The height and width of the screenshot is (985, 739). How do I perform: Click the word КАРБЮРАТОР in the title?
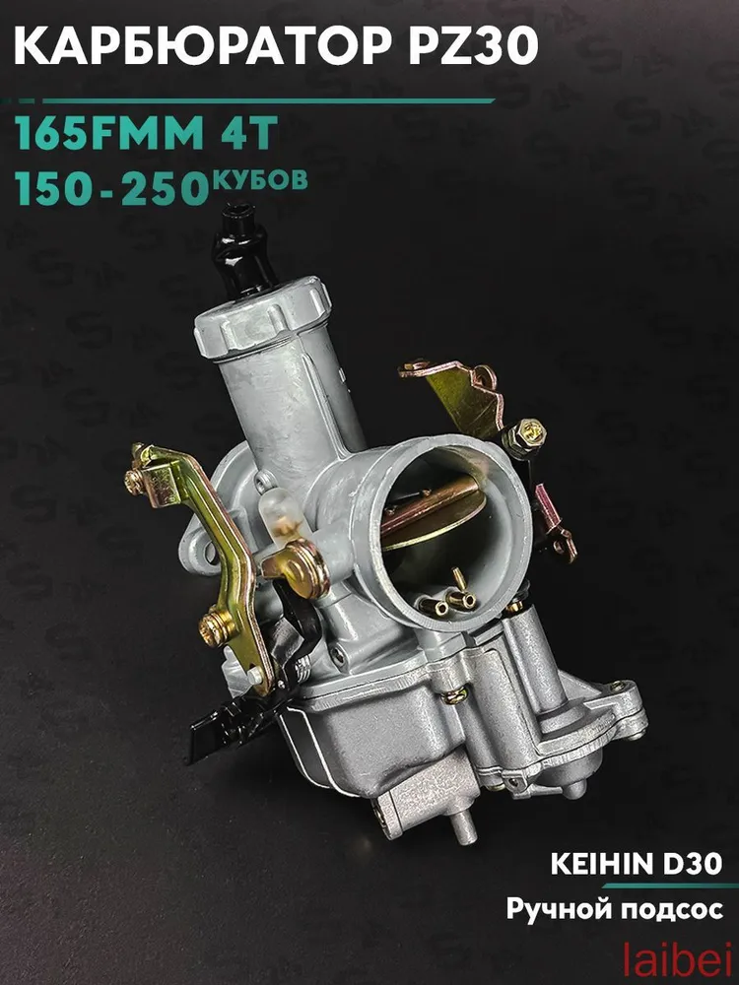click(204, 46)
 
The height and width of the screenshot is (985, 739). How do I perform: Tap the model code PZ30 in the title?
click(474, 46)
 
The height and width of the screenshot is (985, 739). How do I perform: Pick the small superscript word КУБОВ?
click(261, 178)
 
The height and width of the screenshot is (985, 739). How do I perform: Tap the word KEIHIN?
click(593, 865)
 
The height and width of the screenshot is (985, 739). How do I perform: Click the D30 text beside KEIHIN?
click(683, 865)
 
